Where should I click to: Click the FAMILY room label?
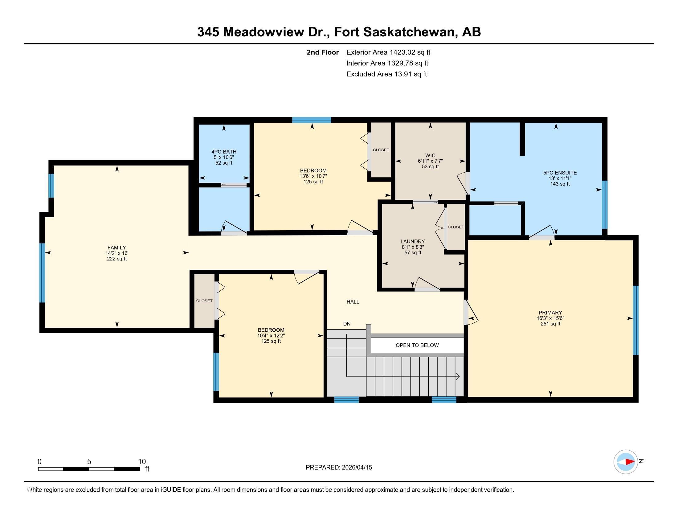click(117, 248)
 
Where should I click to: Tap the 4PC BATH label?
click(224, 152)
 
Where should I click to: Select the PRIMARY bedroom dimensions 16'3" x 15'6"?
click(550, 318)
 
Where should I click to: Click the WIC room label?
click(430, 156)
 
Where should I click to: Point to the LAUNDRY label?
click(413, 242)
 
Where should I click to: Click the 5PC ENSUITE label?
click(560, 173)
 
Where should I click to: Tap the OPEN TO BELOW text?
click(417, 345)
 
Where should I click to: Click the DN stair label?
click(347, 324)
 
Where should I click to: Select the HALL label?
click(353, 302)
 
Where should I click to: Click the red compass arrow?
click(630, 462)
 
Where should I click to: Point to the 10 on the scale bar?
click(142, 461)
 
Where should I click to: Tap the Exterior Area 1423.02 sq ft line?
click(388, 52)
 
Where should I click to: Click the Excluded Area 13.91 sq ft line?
click(386, 74)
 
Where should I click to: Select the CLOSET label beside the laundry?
click(456, 227)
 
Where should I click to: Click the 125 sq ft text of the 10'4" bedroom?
click(271, 341)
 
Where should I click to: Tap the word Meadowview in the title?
click(263, 32)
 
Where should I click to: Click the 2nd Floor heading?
click(323, 52)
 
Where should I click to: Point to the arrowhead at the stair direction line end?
click(458, 377)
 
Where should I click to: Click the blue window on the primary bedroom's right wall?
click(635, 320)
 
